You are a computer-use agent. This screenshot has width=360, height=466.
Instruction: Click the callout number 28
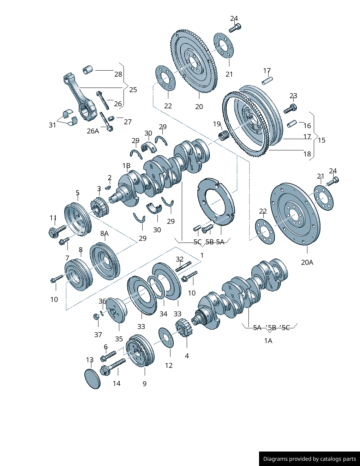[x=118, y=74]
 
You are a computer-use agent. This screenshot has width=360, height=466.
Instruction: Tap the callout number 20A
[x=307, y=262]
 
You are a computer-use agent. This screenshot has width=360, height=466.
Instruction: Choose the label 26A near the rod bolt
[x=93, y=131]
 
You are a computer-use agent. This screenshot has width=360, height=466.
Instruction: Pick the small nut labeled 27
[x=111, y=118]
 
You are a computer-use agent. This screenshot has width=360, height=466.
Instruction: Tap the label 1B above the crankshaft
[x=126, y=166]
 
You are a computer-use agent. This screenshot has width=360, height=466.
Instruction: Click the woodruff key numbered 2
[x=108, y=187]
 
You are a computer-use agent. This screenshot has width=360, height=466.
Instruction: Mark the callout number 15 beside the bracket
[x=322, y=140]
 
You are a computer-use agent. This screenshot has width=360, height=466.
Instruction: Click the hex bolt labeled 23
[x=290, y=109]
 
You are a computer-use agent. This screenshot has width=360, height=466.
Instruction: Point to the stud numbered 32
[x=183, y=266]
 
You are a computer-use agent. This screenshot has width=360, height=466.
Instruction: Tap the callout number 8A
[x=104, y=233]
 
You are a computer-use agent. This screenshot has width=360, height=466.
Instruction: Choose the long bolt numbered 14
[x=113, y=366]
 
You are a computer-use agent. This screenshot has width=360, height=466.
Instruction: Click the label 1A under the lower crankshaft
[x=268, y=341]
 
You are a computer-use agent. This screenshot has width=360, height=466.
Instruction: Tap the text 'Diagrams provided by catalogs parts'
[x=310, y=459]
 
